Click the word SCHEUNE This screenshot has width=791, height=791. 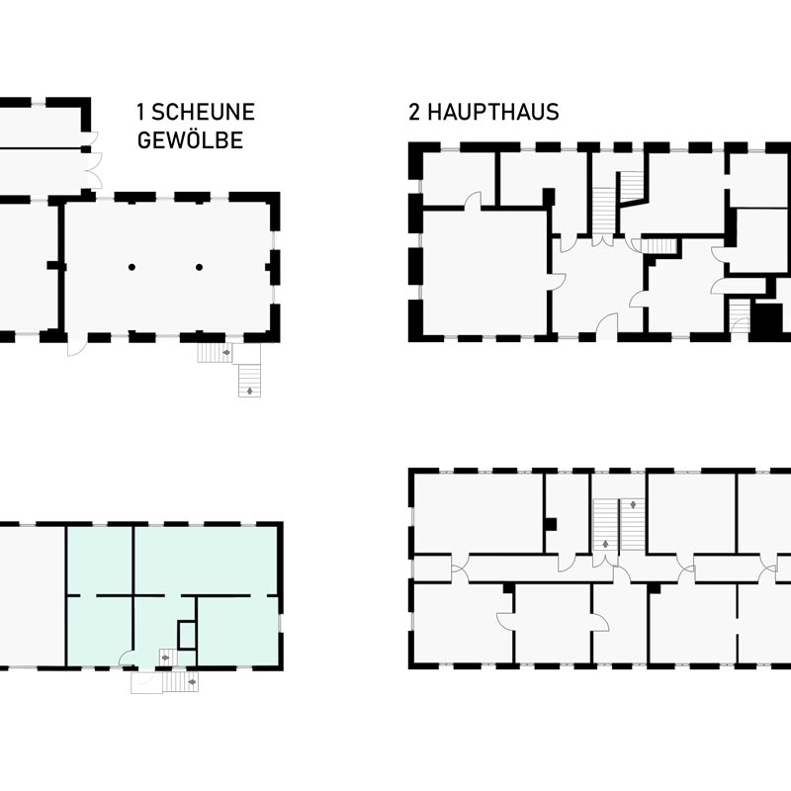203,112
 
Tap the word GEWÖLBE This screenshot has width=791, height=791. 190,140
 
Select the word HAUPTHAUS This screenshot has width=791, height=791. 492,112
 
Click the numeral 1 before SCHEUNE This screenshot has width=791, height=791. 140,112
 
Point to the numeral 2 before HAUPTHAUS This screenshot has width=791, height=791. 414,112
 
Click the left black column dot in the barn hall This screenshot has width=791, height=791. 132,267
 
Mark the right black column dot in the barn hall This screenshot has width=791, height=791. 200,267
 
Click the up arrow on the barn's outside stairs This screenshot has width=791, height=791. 249,390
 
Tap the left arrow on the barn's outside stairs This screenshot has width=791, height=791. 226,353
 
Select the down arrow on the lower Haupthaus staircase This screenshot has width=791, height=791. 633,504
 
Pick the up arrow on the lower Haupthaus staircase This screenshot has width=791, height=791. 605,544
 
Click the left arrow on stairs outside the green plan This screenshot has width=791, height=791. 192,682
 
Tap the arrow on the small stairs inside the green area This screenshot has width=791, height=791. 165,658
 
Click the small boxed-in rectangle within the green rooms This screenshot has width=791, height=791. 187,635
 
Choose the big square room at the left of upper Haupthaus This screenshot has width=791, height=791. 484,273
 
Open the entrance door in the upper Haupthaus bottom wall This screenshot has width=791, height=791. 607,323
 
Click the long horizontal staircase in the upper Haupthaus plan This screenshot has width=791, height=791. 658,245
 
